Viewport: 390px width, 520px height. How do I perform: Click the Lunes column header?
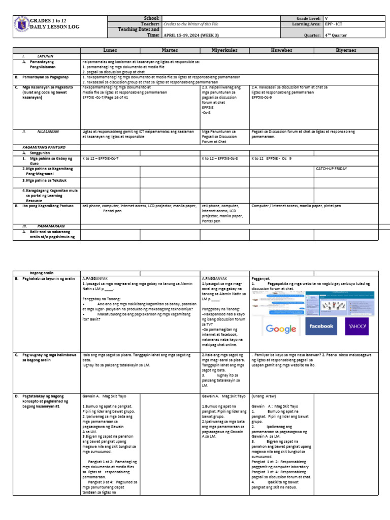tap(110, 50)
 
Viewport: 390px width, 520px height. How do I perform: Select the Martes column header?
tap(170, 50)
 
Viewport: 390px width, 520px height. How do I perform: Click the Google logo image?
tap(281, 329)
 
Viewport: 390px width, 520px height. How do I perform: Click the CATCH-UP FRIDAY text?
tap(333, 167)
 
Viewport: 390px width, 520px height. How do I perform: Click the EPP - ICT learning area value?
tap(336, 24)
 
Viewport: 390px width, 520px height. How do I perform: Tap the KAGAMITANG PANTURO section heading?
tap(37, 146)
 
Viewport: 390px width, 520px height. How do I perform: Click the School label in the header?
tap(152, 18)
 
